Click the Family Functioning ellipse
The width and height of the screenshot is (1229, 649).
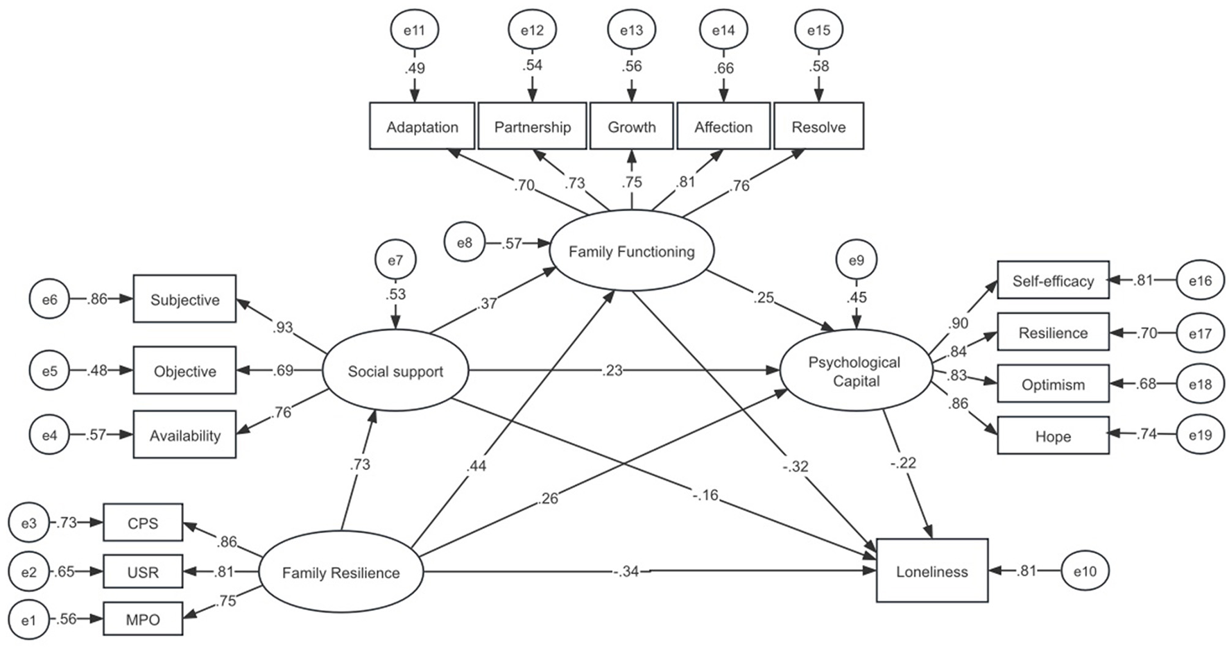click(631, 251)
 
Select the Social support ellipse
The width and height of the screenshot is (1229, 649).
click(395, 371)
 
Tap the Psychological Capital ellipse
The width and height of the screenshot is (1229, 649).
click(855, 371)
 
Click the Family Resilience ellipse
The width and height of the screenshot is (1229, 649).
click(341, 573)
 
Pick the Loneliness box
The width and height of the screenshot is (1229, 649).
click(931, 571)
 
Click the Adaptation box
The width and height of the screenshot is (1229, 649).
click(422, 126)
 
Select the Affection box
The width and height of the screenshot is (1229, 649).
click(723, 126)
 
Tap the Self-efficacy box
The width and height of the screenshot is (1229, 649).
click(1053, 280)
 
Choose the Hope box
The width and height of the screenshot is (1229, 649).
click(1053, 436)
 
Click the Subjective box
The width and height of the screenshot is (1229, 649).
click(184, 299)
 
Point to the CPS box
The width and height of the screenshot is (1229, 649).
click(143, 523)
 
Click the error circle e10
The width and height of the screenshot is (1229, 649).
click(1085, 571)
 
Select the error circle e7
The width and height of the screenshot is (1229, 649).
click(395, 260)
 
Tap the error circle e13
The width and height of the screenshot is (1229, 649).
click(631, 30)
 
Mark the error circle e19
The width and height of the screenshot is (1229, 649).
click(1200, 435)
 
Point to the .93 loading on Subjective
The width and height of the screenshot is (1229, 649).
click(283, 327)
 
